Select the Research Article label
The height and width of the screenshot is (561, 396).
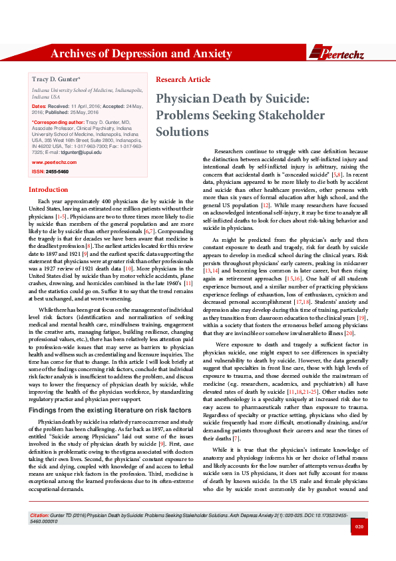[182, 80]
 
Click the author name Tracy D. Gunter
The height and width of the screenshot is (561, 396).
[55, 79]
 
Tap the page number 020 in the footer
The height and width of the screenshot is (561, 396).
[359, 546]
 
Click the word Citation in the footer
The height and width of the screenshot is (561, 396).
[41, 535]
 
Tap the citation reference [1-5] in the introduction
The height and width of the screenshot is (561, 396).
[61, 217]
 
